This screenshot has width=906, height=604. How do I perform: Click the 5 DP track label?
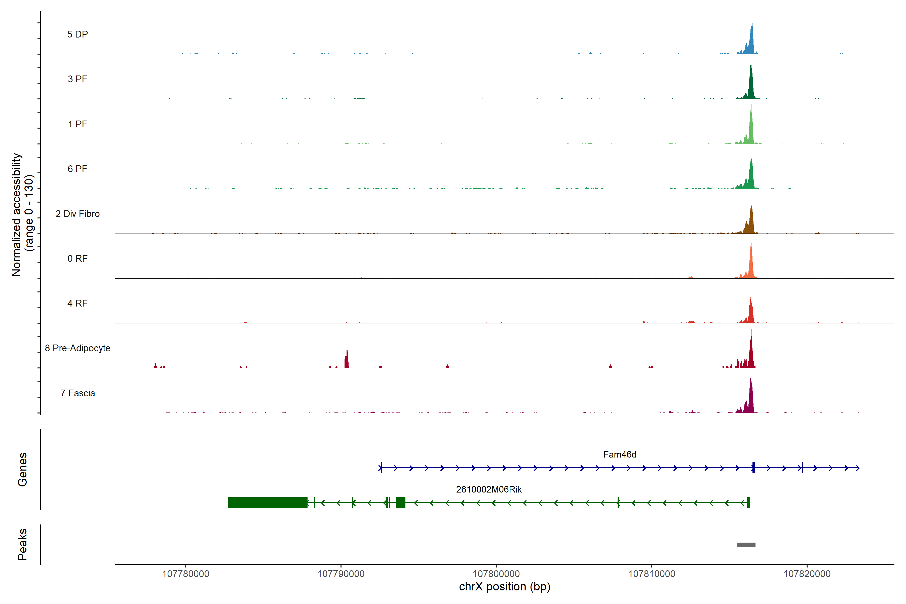(x=78, y=34)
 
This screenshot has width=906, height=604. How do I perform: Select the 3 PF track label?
(x=78, y=79)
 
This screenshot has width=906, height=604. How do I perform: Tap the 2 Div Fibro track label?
(x=78, y=214)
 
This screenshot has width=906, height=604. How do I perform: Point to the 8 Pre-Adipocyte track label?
(x=78, y=348)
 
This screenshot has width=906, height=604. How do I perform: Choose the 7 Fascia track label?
(x=78, y=393)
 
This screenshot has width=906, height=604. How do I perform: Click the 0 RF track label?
(x=78, y=258)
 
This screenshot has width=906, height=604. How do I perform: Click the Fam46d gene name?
(x=619, y=455)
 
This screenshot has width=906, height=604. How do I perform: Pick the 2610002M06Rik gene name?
(x=488, y=489)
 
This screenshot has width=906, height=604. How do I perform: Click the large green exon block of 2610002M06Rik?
(x=268, y=503)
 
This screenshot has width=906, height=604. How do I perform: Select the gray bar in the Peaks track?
(x=746, y=545)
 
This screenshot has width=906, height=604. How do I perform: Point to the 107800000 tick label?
(x=496, y=574)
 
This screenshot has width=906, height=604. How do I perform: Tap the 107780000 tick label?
(x=186, y=574)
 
